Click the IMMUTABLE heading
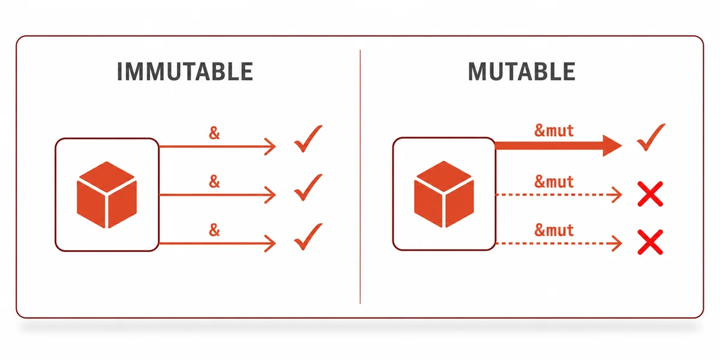185,71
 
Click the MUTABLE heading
521,71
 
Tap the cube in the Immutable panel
107,195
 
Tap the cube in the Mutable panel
444,194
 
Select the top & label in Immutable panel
214,133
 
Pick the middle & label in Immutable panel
214,181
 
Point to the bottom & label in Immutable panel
214,230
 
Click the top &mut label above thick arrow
554,131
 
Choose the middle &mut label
554,182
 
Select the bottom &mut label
554,230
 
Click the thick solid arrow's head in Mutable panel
612,146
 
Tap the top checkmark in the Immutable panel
308,139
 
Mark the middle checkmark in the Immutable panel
308,187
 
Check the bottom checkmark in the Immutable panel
308,236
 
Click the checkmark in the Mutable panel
651,137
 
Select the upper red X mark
650,194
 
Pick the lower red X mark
650,242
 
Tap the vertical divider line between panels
360,177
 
